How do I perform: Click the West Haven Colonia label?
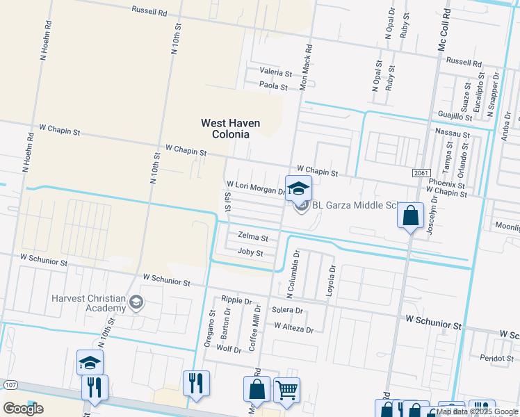click(x=230, y=129)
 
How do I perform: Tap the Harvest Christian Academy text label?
click(x=88, y=304)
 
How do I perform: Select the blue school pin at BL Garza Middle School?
click(x=298, y=189)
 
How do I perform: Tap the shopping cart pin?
click(x=286, y=390)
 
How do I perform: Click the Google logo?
click(x=23, y=409)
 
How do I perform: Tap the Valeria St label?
click(x=275, y=72)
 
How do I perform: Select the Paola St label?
click(x=273, y=86)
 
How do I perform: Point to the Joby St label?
click(x=250, y=253)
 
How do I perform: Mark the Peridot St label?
click(x=496, y=358)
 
